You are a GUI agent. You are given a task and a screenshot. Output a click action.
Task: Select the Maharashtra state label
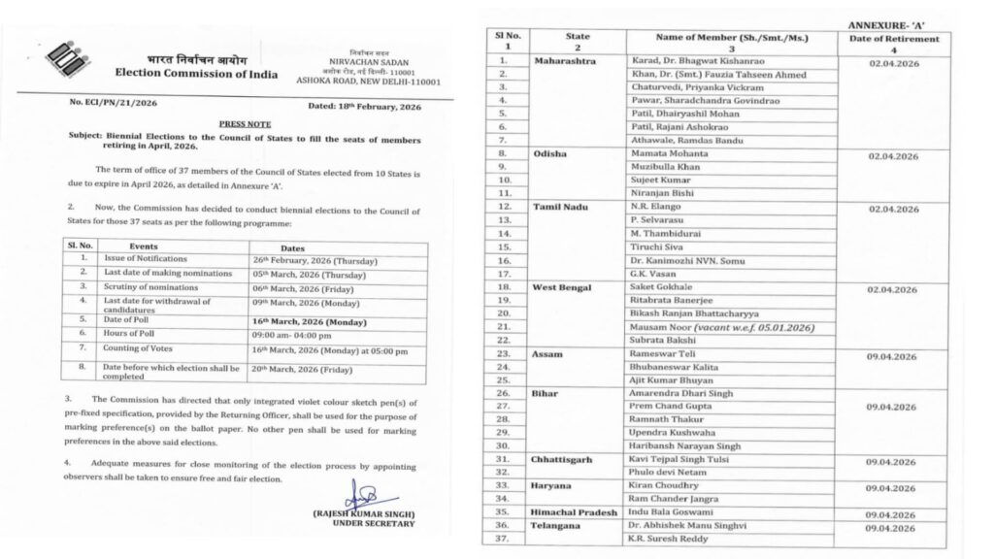point(569,59)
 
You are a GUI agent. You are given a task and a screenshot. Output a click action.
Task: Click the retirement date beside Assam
point(892,356)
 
